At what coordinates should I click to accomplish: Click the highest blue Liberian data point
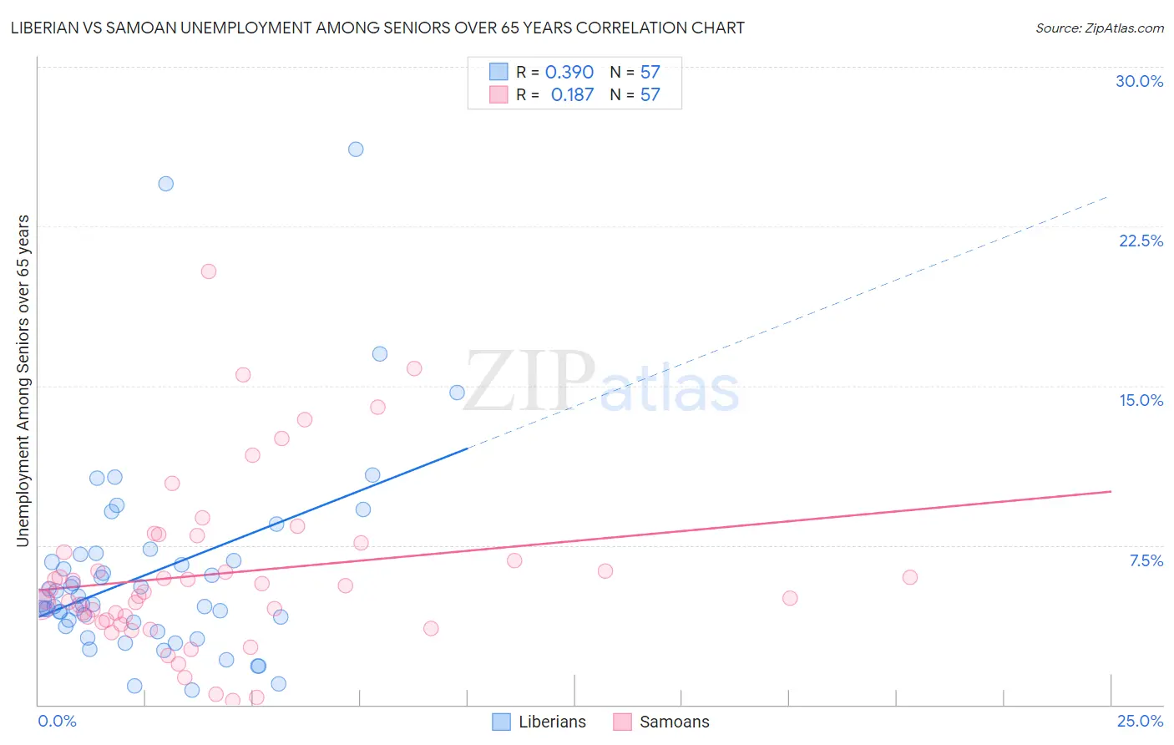click(356, 150)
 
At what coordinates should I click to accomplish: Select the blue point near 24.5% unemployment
click(166, 184)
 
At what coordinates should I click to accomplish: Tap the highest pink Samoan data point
click(209, 271)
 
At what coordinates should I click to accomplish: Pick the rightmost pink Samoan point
click(910, 577)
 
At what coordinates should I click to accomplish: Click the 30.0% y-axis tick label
click(1139, 81)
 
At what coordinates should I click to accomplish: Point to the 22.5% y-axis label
click(1141, 241)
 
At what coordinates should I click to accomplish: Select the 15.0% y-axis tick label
click(1141, 400)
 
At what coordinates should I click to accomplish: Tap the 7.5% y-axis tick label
click(1146, 560)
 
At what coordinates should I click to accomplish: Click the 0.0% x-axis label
click(57, 721)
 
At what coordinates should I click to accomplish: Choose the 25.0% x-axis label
click(1140, 721)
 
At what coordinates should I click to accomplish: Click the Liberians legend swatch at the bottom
click(501, 722)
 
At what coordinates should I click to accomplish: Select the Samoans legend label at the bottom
click(674, 722)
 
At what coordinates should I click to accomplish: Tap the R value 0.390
click(569, 73)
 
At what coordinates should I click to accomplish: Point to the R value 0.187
click(572, 95)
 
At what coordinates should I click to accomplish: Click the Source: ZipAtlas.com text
click(1099, 28)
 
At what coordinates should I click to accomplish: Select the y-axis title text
click(23, 381)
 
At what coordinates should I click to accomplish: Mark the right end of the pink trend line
click(1111, 492)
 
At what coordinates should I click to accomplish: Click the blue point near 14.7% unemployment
click(457, 393)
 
